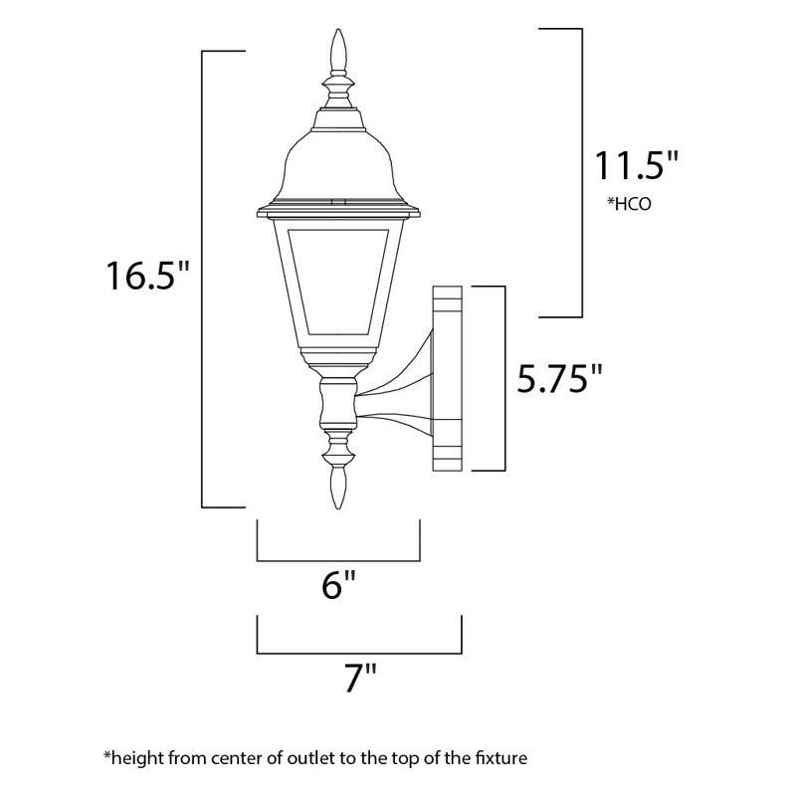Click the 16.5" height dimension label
[x=148, y=276]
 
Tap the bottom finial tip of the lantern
[x=338, y=505]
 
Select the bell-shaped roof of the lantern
[x=338, y=164]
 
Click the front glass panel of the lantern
[x=338, y=279]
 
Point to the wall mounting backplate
[x=447, y=378]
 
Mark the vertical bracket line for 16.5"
[x=204, y=279]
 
